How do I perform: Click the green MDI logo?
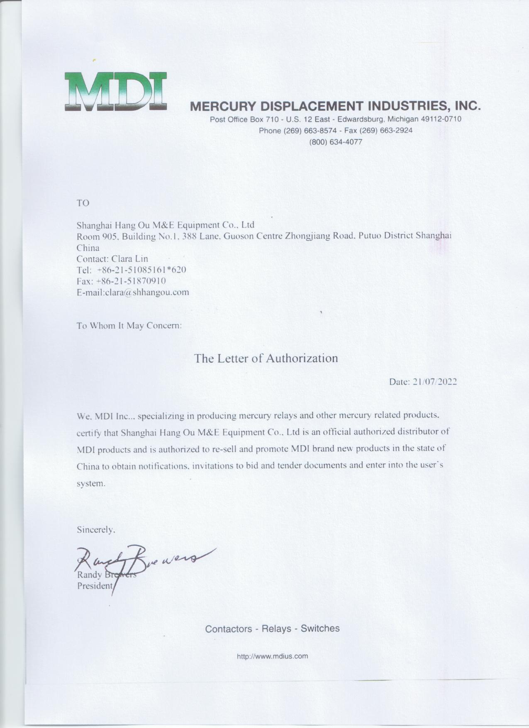pos(116,92)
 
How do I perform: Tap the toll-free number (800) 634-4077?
pos(336,142)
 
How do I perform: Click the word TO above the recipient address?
pos(83,203)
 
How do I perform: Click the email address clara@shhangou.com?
pos(147,292)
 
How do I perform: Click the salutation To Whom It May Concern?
pos(129,325)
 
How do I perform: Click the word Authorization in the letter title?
pos(302,358)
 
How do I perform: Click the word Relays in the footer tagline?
pos(277,629)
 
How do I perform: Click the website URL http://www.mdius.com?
pos(272,656)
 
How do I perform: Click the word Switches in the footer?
pos(320,628)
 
